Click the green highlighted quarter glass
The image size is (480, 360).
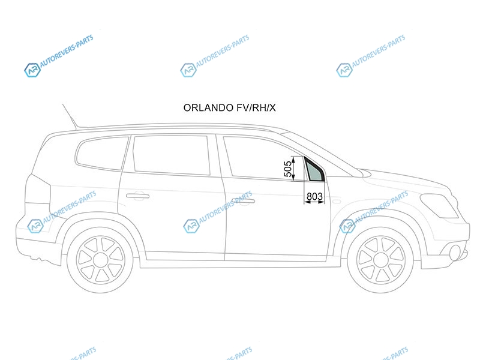click(x=316, y=172)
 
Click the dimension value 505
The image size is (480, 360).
click(x=288, y=169)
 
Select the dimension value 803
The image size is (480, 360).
click(x=314, y=196)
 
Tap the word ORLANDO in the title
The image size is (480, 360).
click(x=208, y=108)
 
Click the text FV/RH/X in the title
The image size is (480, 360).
click(x=256, y=108)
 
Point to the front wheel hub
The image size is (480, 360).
click(x=380, y=260)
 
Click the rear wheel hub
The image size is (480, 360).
click(x=100, y=260)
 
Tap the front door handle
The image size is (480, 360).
click(x=244, y=201)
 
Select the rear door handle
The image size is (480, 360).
click(x=138, y=196)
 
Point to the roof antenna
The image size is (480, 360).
click(x=70, y=116)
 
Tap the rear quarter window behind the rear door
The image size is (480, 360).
click(x=102, y=153)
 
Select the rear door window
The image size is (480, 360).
click(x=172, y=155)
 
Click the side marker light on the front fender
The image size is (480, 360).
click(x=337, y=202)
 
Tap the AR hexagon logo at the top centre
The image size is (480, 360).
click(x=188, y=70)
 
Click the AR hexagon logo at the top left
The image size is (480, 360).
click(x=32, y=70)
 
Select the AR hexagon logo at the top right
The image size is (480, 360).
click(x=344, y=70)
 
